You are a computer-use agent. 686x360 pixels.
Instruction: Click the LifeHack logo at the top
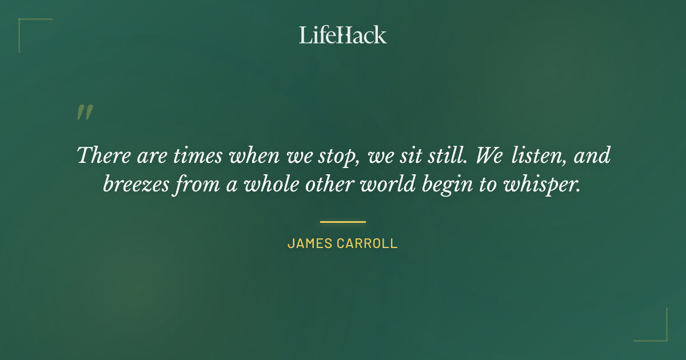point(343,35)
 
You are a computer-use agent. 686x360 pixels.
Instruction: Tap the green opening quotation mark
point(84,113)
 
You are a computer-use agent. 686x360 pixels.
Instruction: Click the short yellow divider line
point(342,222)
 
